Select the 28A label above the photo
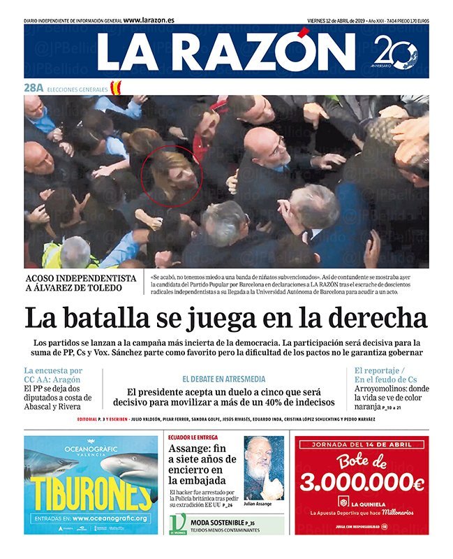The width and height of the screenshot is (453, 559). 34,89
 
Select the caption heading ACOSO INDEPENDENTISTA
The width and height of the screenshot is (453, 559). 77,278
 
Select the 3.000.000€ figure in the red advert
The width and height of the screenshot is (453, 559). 362,482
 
